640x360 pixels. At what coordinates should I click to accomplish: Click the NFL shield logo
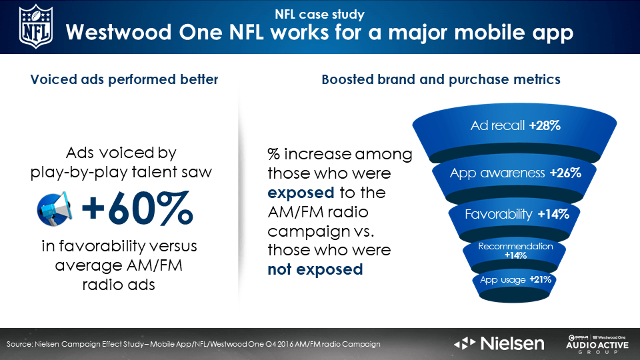pyautogui.click(x=36, y=27)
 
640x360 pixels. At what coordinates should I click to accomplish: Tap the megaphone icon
pyautogui.click(x=55, y=209)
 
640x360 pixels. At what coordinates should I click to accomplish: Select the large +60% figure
pyautogui.click(x=137, y=208)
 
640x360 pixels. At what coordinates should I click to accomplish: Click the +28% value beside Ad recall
pyautogui.click(x=545, y=125)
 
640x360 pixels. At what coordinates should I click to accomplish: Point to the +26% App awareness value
pyautogui.click(x=565, y=173)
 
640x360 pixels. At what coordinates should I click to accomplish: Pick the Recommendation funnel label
pyautogui.click(x=515, y=246)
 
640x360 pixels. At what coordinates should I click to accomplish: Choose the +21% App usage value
pyautogui.click(x=541, y=279)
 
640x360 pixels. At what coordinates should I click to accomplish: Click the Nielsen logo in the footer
pyautogui.click(x=499, y=343)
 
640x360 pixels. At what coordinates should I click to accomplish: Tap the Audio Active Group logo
pyautogui.click(x=597, y=345)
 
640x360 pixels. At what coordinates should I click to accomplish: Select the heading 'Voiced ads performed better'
pyautogui.click(x=124, y=79)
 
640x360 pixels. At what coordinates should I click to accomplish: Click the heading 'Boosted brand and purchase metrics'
pyautogui.click(x=441, y=79)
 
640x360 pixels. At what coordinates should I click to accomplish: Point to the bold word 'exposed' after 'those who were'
pyautogui.click(x=301, y=193)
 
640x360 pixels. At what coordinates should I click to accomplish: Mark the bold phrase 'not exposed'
pyautogui.click(x=315, y=269)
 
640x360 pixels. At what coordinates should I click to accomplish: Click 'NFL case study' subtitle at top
pyautogui.click(x=319, y=14)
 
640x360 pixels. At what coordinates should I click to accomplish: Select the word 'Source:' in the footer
pyautogui.click(x=19, y=344)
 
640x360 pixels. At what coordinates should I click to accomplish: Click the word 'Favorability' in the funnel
pyautogui.click(x=499, y=214)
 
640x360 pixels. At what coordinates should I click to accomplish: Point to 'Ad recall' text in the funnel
pyautogui.click(x=497, y=125)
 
